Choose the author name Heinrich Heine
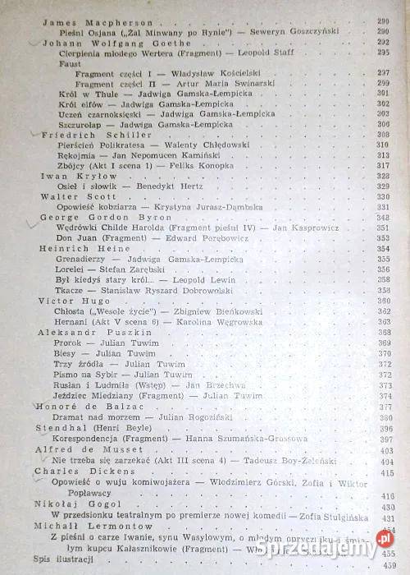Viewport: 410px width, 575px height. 74,248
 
